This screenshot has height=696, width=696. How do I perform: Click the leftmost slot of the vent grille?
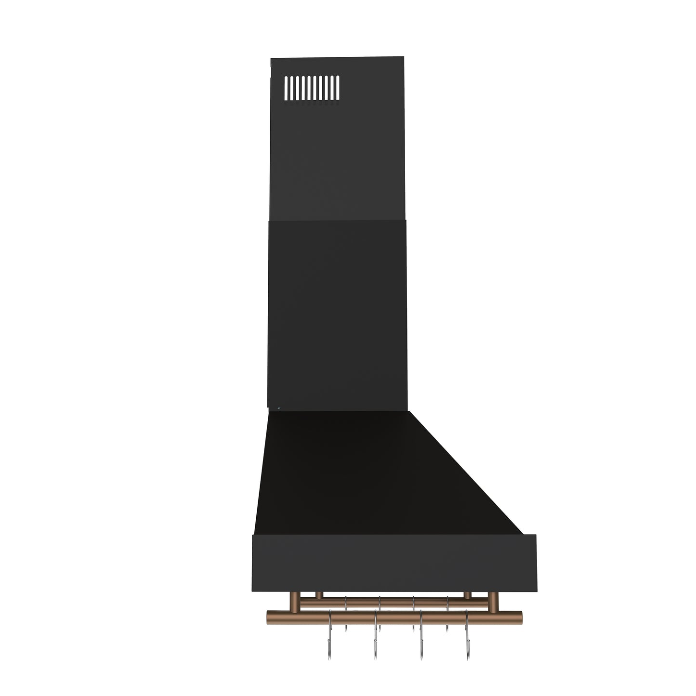285,88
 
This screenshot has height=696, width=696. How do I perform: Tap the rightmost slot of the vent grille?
338,88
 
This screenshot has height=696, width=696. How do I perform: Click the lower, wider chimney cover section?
337,313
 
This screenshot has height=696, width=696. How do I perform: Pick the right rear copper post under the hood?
467,595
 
